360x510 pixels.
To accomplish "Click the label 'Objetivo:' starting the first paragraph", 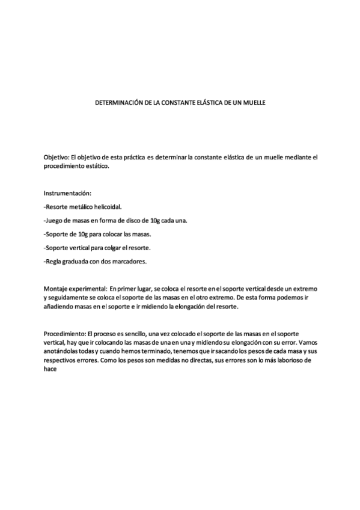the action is (56, 157).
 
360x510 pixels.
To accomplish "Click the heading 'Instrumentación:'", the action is (67, 194).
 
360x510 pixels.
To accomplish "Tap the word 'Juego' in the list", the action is (55, 221).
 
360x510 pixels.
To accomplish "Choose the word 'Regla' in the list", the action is (55, 262).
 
